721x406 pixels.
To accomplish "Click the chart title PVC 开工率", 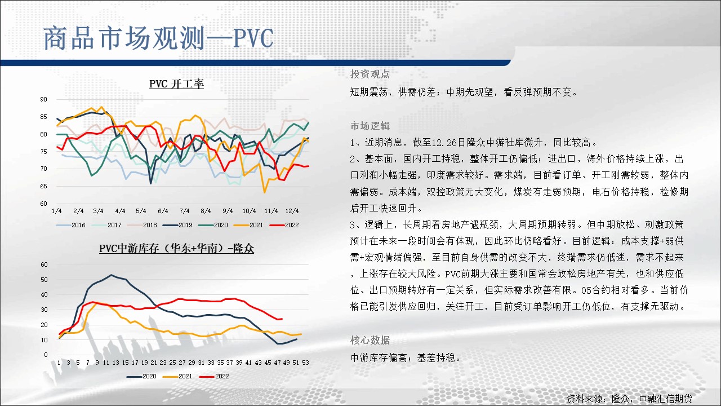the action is [x=176, y=84].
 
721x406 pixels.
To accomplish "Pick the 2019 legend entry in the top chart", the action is [x=177, y=225].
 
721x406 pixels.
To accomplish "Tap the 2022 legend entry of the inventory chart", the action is [x=214, y=376].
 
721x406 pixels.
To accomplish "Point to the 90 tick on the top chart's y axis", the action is [x=43, y=99].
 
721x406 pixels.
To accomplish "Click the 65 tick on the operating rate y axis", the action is [x=43, y=186].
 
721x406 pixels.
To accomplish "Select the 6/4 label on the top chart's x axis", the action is [x=163, y=211].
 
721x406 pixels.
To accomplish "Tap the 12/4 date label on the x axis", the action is [x=292, y=211].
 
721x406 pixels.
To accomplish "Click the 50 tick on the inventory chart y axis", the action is [x=44, y=280].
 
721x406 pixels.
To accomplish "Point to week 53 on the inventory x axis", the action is [x=305, y=363].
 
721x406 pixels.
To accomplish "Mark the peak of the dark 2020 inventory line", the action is [x=111, y=275].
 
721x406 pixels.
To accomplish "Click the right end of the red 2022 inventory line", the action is [x=282, y=319].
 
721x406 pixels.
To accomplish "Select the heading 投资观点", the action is [x=370, y=74].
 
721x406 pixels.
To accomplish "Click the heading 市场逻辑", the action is [x=370, y=126].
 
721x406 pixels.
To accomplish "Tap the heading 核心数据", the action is [x=370, y=340].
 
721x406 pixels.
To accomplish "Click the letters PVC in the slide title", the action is [x=253, y=39].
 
